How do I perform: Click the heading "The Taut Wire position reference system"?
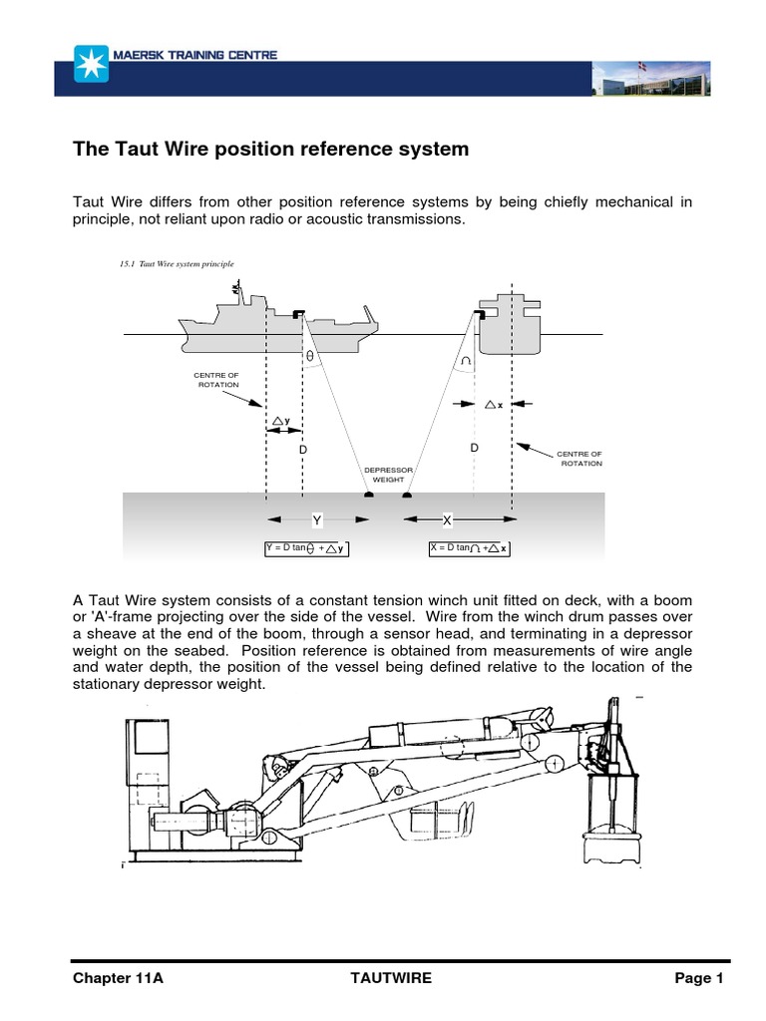[x=271, y=150]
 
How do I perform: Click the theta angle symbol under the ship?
[x=310, y=355]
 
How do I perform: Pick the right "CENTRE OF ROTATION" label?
[x=580, y=459]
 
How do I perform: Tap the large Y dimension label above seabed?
[x=316, y=520]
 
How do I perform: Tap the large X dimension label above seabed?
[x=447, y=520]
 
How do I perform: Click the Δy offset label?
[x=281, y=421]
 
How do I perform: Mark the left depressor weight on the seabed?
[x=368, y=493]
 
